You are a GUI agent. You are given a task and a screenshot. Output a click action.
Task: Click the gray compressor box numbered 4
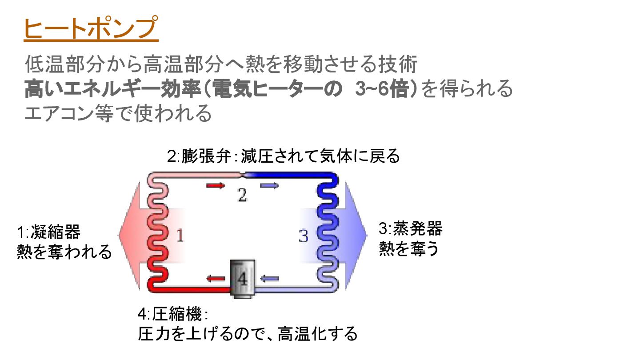click(242, 278)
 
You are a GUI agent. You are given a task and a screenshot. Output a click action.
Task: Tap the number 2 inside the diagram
click(242, 195)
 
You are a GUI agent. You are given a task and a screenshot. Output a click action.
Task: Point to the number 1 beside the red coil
click(180, 236)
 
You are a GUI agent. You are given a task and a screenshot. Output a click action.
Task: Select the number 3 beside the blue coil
click(303, 236)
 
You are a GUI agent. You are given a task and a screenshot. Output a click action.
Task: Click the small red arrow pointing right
click(216, 185)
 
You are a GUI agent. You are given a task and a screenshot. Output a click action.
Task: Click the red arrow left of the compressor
click(216, 279)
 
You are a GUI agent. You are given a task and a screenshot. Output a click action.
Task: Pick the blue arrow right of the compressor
click(269, 279)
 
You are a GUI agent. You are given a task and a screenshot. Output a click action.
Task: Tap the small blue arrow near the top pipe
click(269, 185)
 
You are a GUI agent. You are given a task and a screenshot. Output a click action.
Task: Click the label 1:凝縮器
click(48, 232)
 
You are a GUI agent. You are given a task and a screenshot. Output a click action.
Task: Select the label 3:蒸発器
click(410, 229)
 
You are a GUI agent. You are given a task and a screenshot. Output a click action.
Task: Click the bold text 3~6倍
click(382, 89)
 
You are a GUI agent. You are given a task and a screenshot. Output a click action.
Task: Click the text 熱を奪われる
click(64, 252)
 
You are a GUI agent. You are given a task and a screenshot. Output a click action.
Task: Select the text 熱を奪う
click(408, 249)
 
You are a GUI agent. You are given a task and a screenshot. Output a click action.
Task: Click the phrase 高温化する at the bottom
click(317, 333)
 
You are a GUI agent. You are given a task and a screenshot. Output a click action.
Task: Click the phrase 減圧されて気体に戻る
click(320, 156)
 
